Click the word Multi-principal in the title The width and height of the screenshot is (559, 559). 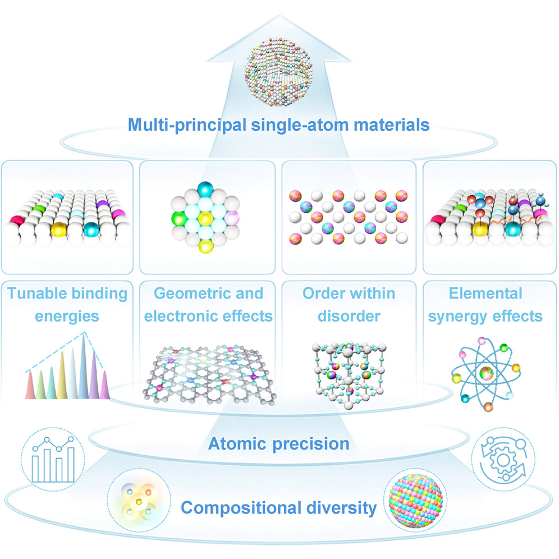(187, 125)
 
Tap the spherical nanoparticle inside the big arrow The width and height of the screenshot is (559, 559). (279, 73)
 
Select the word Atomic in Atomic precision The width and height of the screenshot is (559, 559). (237, 444)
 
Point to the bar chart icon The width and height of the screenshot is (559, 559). (53, 460)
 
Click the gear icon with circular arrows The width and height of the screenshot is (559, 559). (503, 459)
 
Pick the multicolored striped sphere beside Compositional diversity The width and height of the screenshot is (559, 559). (415, 501)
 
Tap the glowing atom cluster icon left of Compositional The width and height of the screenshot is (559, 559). (139, 501)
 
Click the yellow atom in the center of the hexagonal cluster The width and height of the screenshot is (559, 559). (205, 218)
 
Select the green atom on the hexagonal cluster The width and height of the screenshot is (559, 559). (179, 218)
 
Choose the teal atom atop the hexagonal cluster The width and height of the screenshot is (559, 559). (205, 189)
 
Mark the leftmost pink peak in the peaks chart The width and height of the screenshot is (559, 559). (30, 385)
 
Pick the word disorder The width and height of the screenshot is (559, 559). (349, 316)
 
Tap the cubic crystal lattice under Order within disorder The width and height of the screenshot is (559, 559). (349, 376)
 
